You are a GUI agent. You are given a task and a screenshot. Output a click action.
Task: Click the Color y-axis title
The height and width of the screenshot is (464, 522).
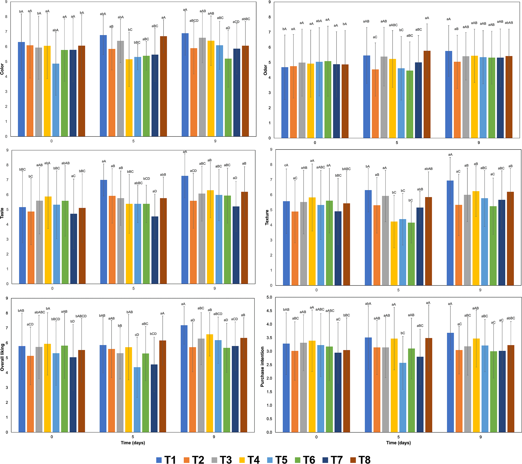(2, 69)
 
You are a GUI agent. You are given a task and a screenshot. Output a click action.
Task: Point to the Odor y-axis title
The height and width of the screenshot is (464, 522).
(265, 70)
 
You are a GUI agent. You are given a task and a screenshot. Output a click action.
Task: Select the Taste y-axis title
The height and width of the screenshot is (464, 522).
(2, 213)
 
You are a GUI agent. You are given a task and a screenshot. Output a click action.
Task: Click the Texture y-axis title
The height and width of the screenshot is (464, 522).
(267, 217)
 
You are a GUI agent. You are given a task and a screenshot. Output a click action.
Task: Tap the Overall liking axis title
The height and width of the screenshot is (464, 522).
(2, 357)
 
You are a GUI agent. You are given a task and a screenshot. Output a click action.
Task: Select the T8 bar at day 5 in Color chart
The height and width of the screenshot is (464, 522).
(163, 86)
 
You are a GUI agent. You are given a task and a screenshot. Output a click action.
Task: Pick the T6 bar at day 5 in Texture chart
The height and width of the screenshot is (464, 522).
(411, 254)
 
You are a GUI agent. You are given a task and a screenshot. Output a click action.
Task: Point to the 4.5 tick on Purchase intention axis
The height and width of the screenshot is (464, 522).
(269, 311)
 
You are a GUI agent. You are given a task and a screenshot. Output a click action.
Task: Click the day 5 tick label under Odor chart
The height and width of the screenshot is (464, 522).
(397, 143)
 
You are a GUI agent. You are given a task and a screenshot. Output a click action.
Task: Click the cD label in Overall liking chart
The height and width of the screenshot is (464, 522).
(137, 335)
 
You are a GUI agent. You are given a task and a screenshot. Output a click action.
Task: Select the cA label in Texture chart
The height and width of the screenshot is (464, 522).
(286, 165)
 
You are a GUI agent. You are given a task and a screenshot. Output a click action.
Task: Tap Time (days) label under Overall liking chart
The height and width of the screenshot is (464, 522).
(133, 443)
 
